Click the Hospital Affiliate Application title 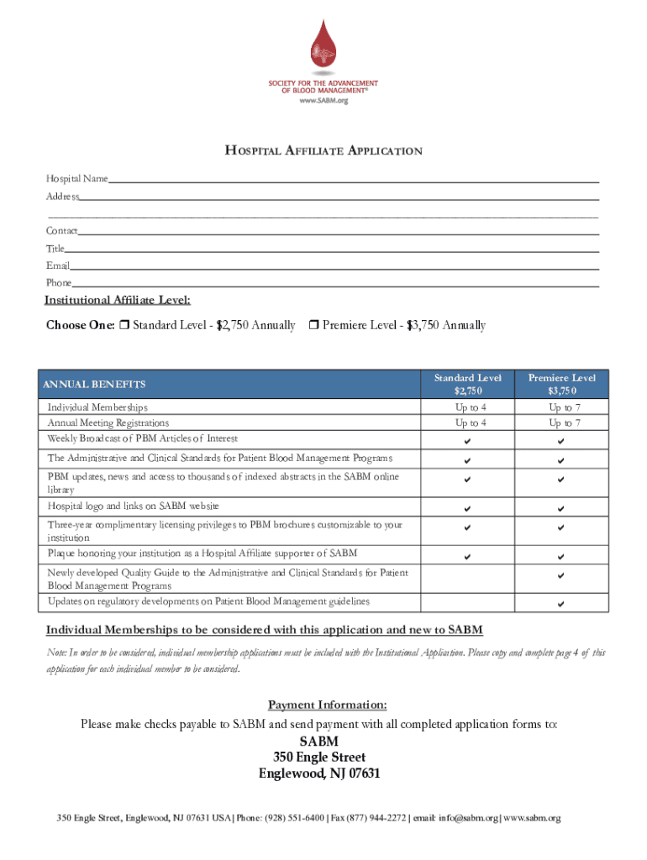[x=323, y=151]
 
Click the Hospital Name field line [x=353, y=180]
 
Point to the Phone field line [x=335, y=285]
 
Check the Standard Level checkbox [x=124, y=326]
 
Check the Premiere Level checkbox [x=313, y=326]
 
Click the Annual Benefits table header [x=97, y=385]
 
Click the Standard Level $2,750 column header [x=467, y=385]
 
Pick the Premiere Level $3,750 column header [x=561, y=385]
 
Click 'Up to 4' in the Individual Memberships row [x=471, y=407]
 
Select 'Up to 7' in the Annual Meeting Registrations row [x=565, y=423]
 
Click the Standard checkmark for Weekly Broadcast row [x=468, y=442]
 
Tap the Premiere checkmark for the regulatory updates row [x=561, y=605]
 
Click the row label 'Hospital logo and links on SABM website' [x=134, y=506]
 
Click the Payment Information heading [x=327, y=705]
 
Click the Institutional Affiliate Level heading [x=118, y=301]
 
